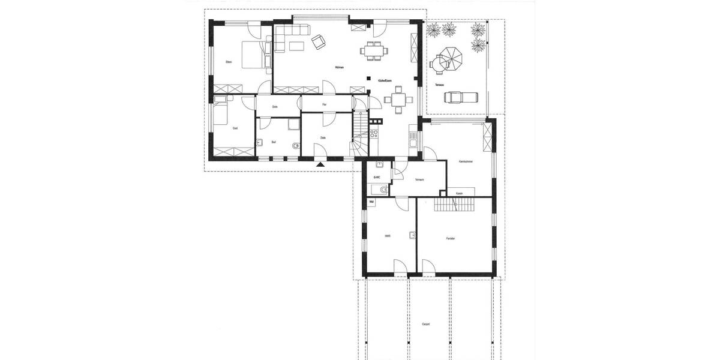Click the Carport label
(x=425, y=323)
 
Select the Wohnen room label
(x=340, y=67)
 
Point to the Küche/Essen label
(x=385, y=79)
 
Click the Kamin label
(x=458, y=193)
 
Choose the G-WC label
(x=377, y=177)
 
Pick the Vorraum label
(x=420, y=179)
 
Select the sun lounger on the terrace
(x=459, y=96)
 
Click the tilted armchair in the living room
(x=318, y=41)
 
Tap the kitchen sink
(x=413, y=140)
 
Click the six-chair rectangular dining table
(x=374, y=51)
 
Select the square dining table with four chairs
(x=398, y=100)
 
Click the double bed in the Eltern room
(x=253, y=55)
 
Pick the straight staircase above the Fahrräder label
(x=454, y=206)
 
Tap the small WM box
(x=372, y=202)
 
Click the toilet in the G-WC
(x=377, y=190)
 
